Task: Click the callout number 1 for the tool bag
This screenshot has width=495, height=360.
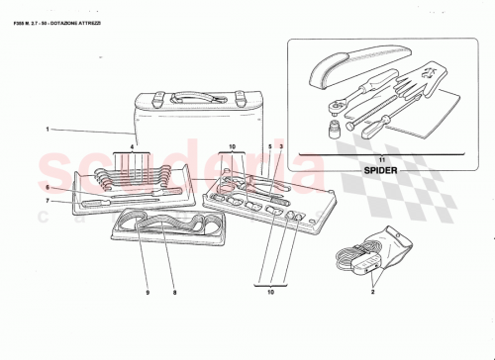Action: [47, 129]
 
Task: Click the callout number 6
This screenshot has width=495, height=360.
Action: [47, 186]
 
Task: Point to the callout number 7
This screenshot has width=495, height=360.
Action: [47, 201]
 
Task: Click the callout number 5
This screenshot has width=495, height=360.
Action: [269, 147]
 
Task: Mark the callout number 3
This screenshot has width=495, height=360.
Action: [281, 147]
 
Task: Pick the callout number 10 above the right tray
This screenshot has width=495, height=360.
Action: [231, 147]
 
